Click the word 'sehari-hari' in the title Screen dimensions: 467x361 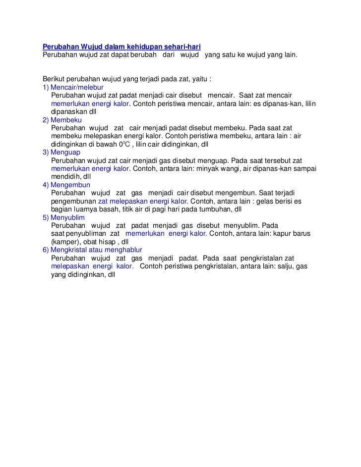pyautogui.click(x=181, y=47)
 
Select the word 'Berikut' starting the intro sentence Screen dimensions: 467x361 pyautogui.click(x=54, y=79)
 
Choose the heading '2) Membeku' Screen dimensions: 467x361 pyautogui.click(x=62, y=120)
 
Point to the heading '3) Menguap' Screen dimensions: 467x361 pyautogui.click(x=62, y=153)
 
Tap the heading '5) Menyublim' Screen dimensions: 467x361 pyautogui.click(x=64, y=217)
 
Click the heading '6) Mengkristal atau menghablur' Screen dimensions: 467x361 pyautogui.click(x=92, y=250)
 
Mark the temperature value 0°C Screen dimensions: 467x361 pyautogui.click(x=124, y=145)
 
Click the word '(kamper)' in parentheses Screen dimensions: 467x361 pyautogui.click(x=65, y=242)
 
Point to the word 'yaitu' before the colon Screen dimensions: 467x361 pyautogui.click(x=198, y=79)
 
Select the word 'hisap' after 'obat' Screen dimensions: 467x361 pyautogui.click(x=107, y=242)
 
